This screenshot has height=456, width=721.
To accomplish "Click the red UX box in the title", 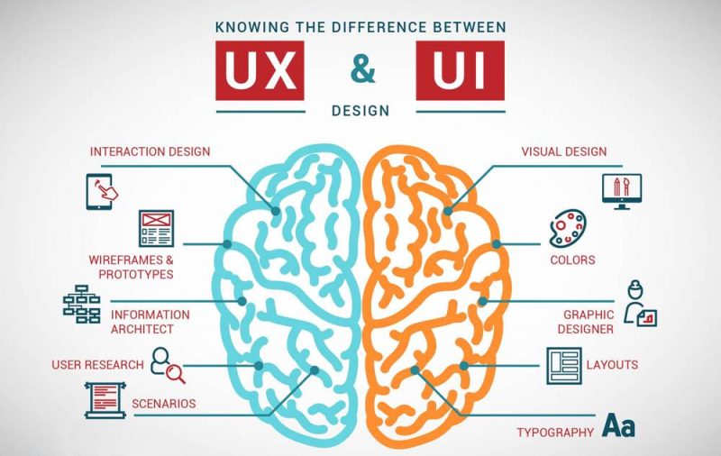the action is coord(260,70).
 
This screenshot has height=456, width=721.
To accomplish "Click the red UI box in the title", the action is coord(461,70).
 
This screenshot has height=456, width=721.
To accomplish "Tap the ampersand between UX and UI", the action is coord(363,70).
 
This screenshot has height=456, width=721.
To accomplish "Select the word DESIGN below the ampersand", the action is coord(360,111).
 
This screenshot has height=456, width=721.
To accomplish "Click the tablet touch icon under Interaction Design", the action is coord(101,192).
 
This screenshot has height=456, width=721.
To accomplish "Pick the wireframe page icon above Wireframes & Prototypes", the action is coord(156,228).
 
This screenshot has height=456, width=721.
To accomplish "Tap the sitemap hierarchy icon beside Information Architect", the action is coord(82,304).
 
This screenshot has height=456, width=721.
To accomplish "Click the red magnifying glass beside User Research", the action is coord(176,373).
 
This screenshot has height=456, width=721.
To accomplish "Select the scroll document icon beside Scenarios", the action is coord(105,400).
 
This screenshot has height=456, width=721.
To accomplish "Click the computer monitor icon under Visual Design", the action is coord(622,191).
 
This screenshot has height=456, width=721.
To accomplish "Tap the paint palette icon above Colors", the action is coord(568,229).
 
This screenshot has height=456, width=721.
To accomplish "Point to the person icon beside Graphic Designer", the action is coord(639,304).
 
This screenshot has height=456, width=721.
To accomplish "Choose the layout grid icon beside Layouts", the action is coord(564,366).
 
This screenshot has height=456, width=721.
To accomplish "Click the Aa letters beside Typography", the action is coord(619,425).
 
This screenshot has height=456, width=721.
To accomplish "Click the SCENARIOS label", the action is coord(164,404).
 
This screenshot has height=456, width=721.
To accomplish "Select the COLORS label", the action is coord(572,260).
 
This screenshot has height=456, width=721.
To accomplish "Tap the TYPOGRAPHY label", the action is coord(555,433).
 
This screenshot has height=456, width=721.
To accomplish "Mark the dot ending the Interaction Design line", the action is coord(276,211).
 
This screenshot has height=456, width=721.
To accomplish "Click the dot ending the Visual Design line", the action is coord(448,211).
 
